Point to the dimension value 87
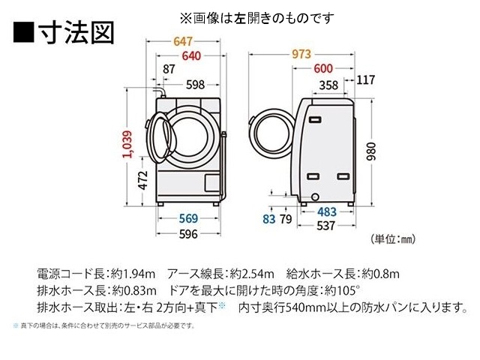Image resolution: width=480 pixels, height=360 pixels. coord(169,70)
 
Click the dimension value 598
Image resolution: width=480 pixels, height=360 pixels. coord(195,85)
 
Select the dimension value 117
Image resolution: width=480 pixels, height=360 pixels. coord(367,80)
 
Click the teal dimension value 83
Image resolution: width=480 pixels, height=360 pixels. coord(269,219)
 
